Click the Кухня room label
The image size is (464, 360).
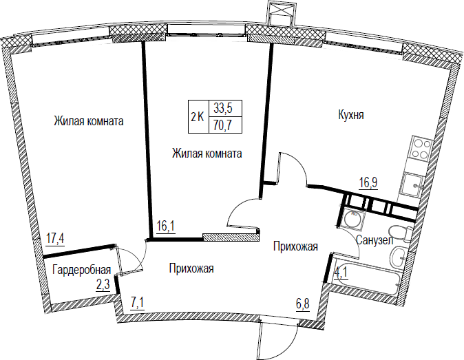(x=351, y=115)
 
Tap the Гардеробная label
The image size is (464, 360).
(x=82, y=270)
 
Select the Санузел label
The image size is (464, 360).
(x=375, y=240)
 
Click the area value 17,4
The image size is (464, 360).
(x=55, y=238)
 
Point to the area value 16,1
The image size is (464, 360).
(x=166, y=226)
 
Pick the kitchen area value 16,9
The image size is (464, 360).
(x=368, y=182)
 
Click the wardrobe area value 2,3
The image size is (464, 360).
(x=103, y=285)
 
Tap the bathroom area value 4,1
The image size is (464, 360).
(x=341, y=273)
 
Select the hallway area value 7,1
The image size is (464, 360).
(x=137, y=303)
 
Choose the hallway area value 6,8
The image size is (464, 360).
(x=303, y=303)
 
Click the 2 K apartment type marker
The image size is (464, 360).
(x=198, y=117)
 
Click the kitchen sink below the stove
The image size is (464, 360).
(x=412, y=184)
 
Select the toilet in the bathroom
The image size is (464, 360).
(x=399, y=233)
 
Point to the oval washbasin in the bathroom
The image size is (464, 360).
(x=399, y=257)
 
